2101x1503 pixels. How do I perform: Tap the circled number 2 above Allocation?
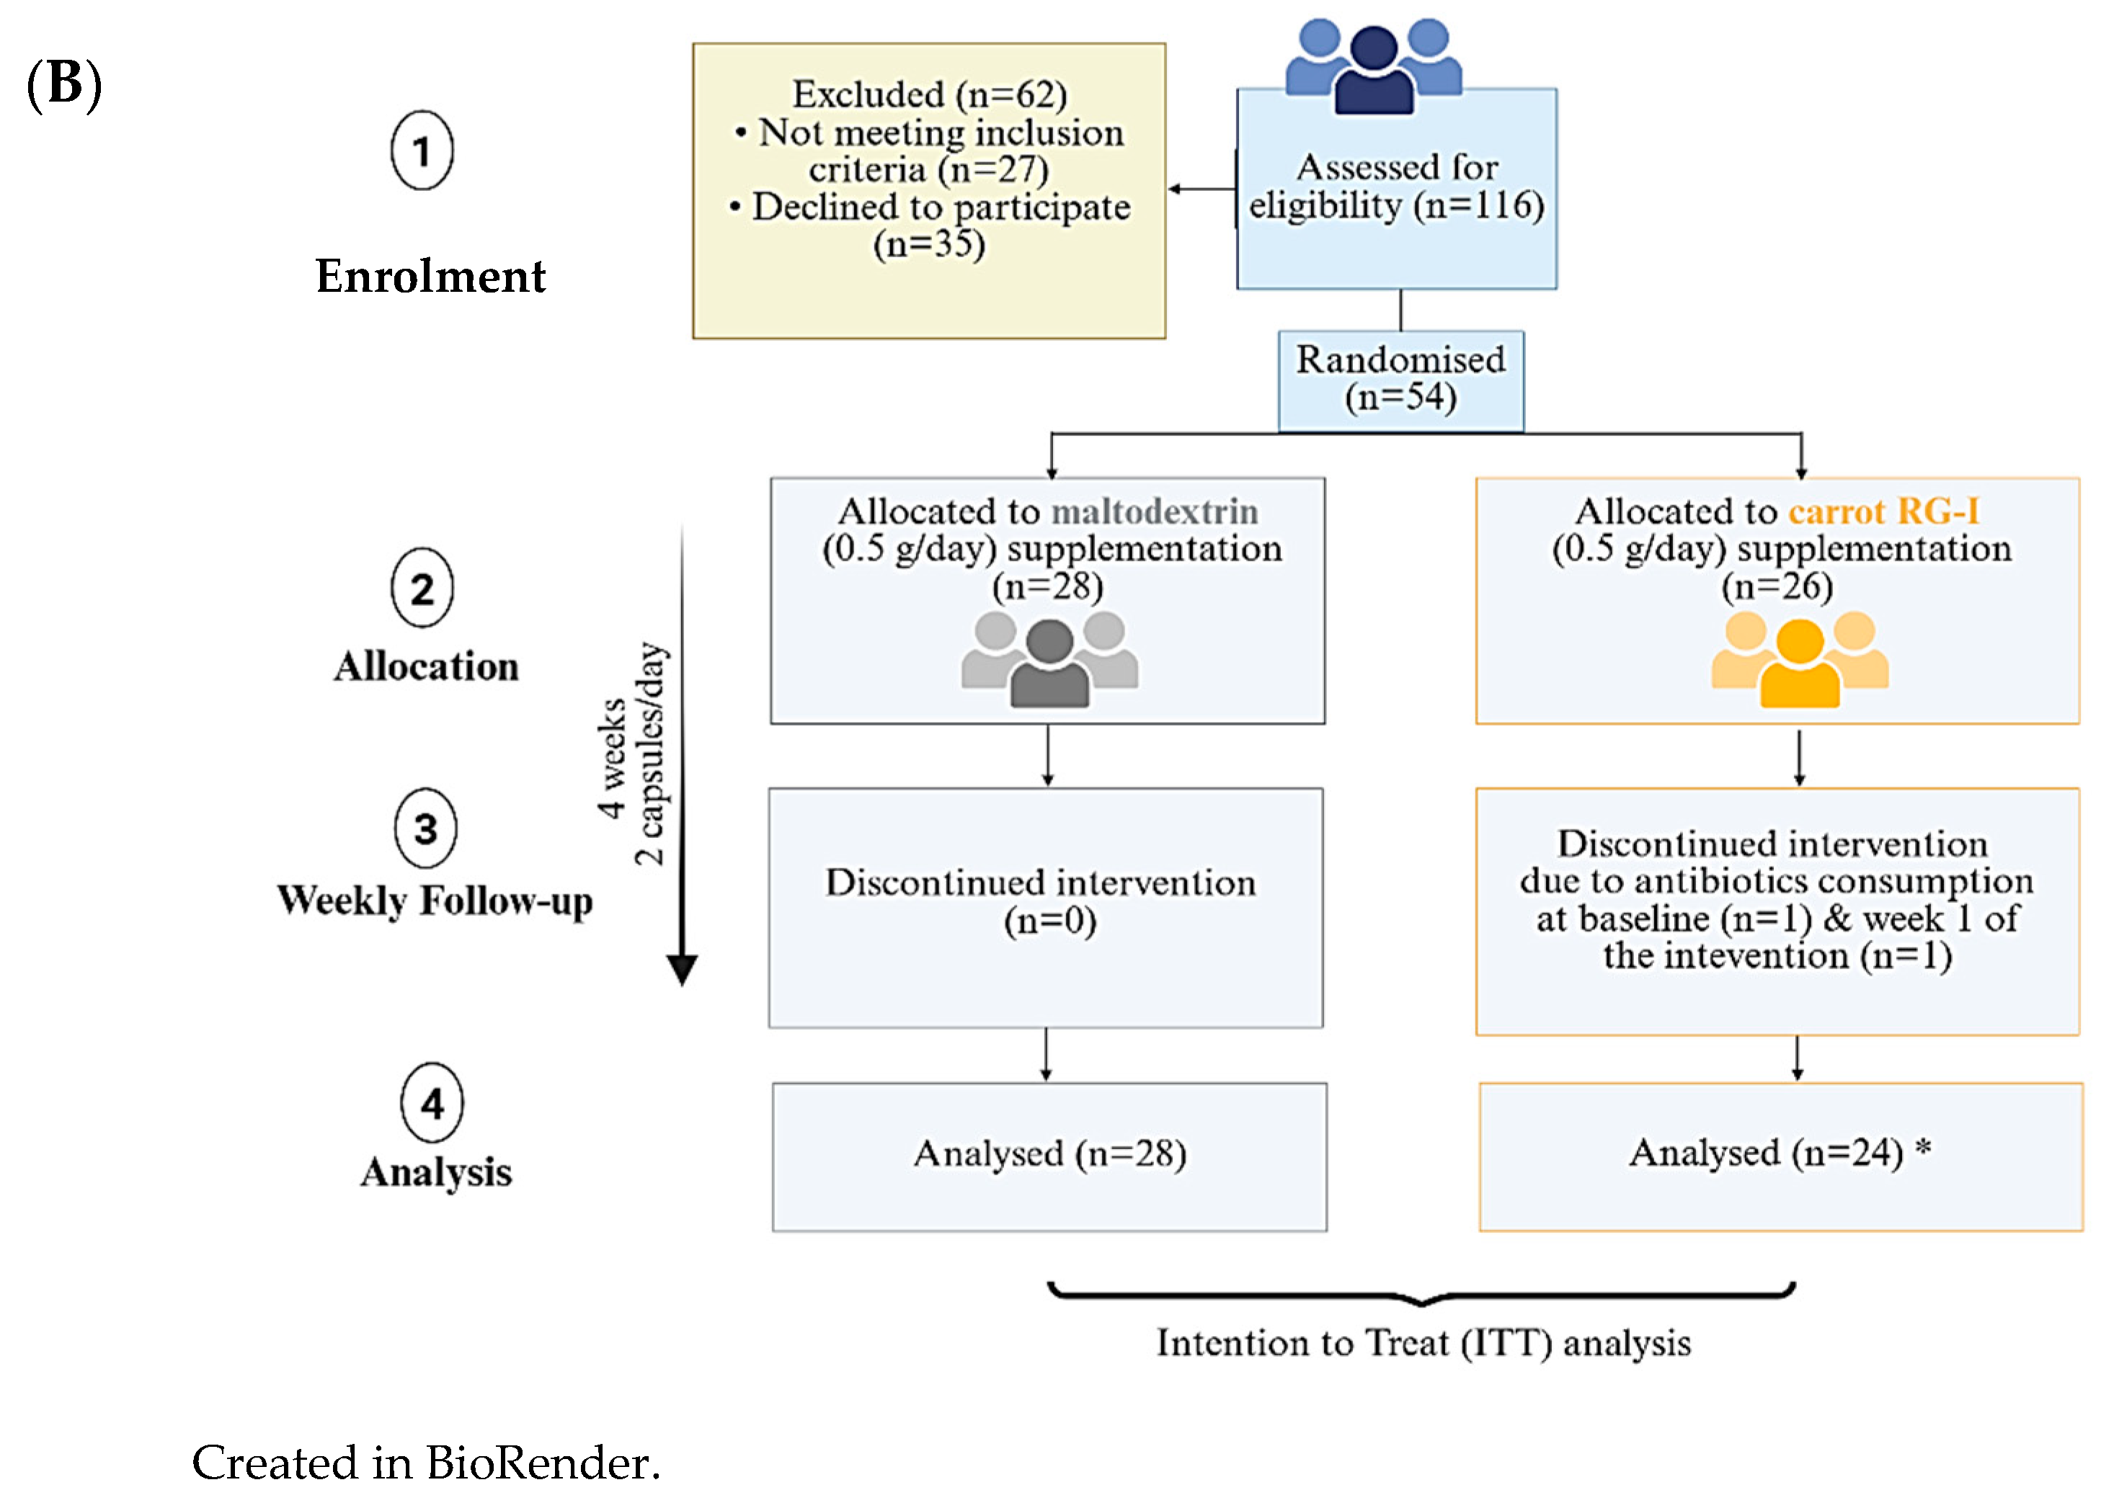click(x=422, y=588)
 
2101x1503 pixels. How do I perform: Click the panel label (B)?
click(x=64, y=84)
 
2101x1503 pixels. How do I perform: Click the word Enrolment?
click(x=430, y=276)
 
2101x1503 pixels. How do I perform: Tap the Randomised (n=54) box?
click(x=1400, y=380)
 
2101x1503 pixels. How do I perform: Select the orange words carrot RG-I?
click(x=1883, y=511)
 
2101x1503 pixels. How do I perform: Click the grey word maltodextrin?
click(x=1155, y=511)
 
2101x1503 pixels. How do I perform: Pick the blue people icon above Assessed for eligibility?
click(x=1374, y=66)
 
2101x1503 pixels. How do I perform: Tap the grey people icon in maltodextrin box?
click(x=1049, y=660)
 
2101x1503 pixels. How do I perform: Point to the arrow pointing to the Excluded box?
click(x=1202, y=189)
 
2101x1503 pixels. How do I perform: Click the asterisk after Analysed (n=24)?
click(x=1922, y=1149)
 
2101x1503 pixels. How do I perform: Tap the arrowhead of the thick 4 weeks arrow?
click(x=682, y=970)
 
